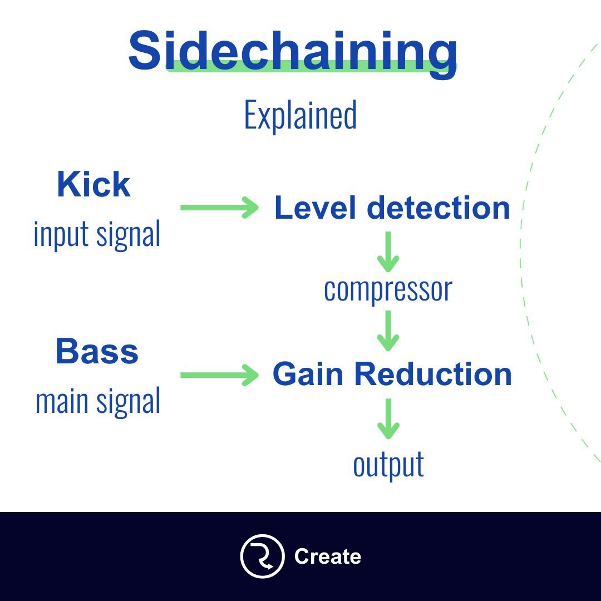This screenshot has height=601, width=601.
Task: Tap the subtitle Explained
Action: point(300,115)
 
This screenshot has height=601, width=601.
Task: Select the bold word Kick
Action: point(93,185)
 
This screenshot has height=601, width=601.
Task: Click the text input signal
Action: point(97,234)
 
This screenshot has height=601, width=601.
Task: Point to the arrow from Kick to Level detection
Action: point(219,208)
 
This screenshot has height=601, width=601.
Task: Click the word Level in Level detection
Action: point(316,208)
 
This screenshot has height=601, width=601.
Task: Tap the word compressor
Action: point(388,289)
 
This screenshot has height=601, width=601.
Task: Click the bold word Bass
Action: point(97,352)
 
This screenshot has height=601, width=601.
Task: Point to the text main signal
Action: point(98,401)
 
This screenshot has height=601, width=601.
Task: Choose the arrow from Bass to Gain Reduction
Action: point(219,375)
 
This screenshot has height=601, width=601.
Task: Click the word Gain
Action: point(309,374)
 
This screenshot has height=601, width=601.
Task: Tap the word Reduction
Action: point(433,374)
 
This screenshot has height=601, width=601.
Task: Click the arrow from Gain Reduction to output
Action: point(388,418)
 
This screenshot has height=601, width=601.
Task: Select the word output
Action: point(388,465)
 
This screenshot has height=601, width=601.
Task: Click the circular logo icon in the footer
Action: point(262,556)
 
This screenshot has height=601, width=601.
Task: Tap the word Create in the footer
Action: point(327,556)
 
